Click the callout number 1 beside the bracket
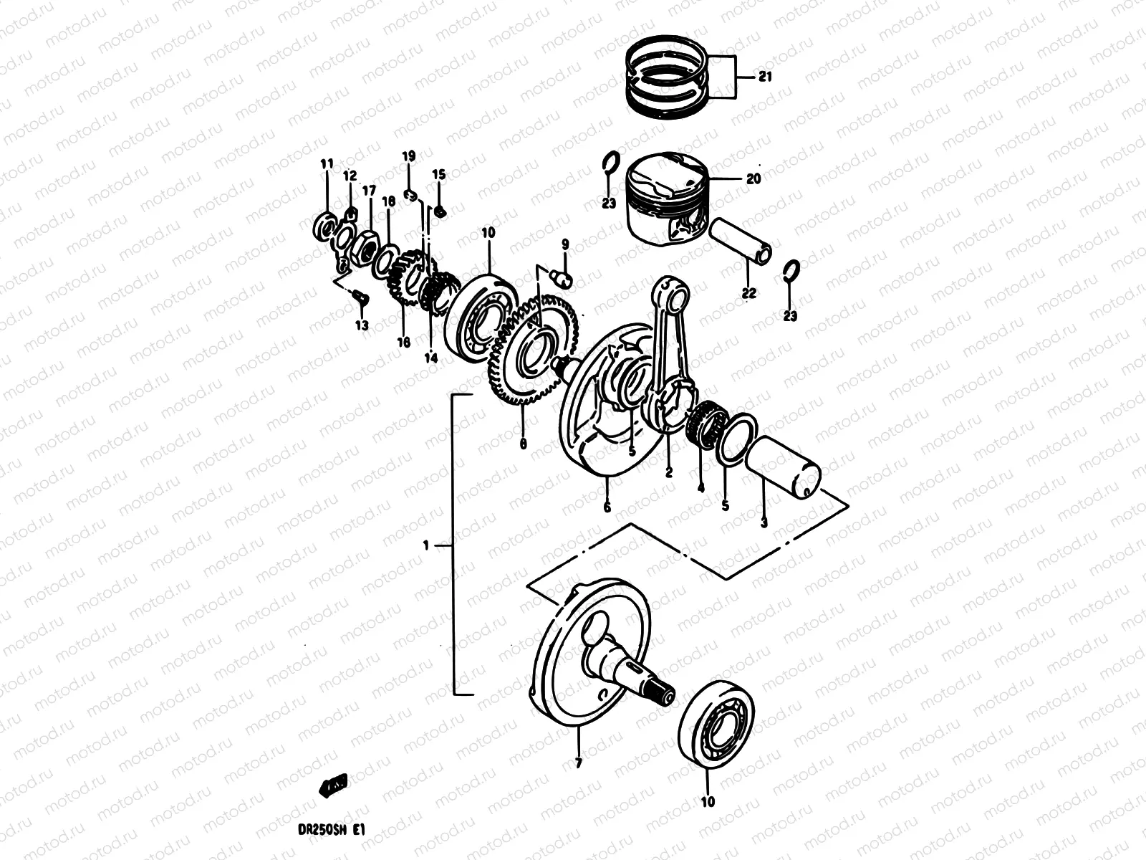click(425, 546)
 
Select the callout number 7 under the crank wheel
click(578, 765)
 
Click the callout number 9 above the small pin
click(564, 245)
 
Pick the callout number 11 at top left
click(327, 165)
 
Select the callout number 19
click(408, 156)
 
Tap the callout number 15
click(438, 175)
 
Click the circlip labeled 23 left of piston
click(608, 168)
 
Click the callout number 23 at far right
click(789, 316)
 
